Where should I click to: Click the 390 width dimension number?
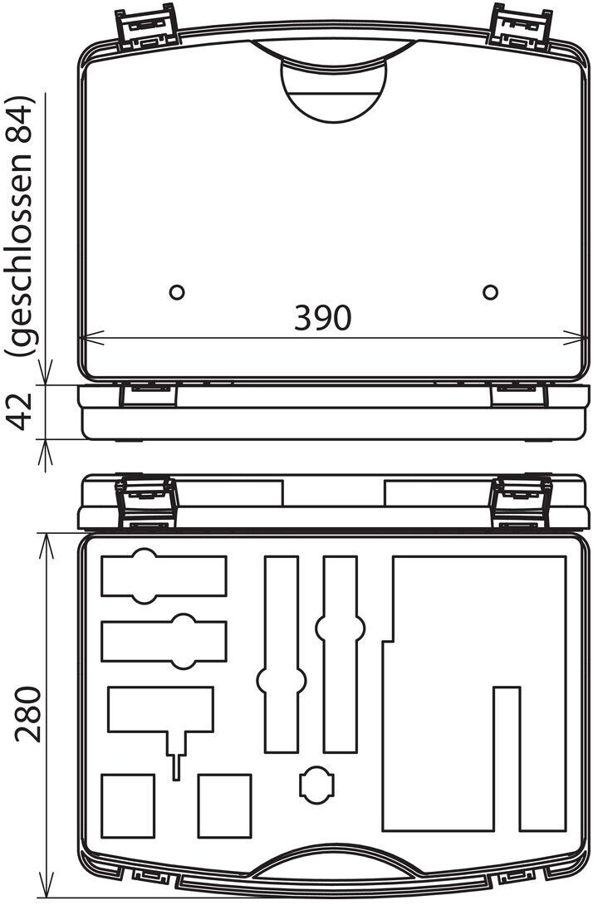coord(323,317)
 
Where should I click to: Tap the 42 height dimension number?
coord(22,411)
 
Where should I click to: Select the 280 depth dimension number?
coord(28,714)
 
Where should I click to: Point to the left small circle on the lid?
coord(177,292)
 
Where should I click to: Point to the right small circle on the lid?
coord(490,292)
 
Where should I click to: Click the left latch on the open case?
coord(146,502)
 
